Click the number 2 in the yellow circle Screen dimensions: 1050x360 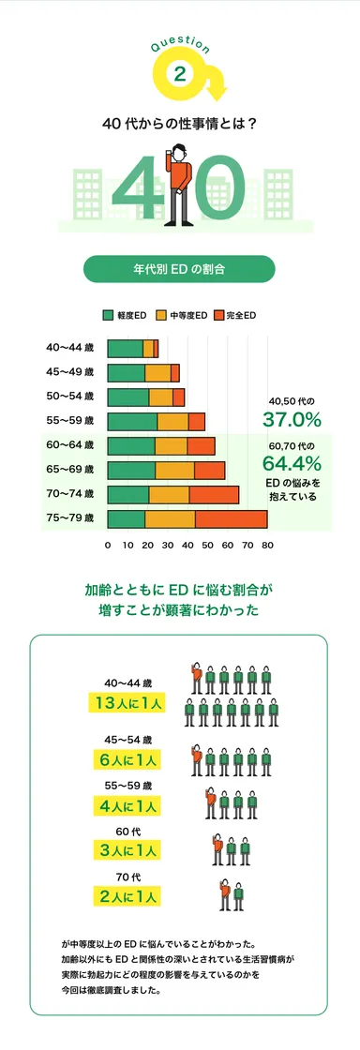179,74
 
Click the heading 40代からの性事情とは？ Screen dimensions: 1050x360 179,123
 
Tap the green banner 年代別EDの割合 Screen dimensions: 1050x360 179,269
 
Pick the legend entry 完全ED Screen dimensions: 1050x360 236,316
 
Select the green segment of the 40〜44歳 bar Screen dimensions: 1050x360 126,349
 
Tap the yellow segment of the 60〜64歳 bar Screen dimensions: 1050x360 171,446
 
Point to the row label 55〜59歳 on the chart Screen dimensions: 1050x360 70,420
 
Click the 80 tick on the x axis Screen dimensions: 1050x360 267,545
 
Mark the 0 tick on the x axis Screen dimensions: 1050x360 108,545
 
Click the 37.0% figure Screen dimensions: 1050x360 292,418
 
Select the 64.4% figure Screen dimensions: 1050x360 292,463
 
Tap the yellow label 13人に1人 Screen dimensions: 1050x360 125,702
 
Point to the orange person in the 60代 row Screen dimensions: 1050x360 217,848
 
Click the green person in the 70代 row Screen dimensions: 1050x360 239,895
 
